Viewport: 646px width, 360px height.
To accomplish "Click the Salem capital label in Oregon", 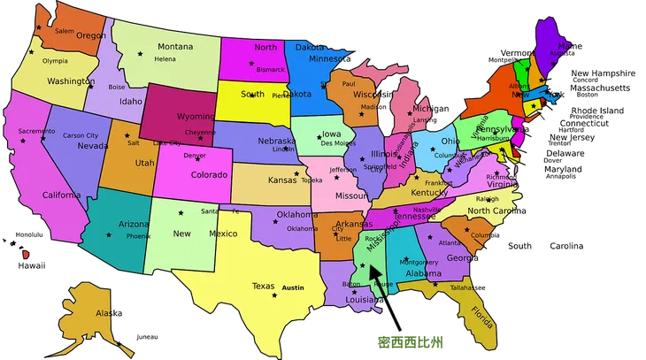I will (x=65, y=31).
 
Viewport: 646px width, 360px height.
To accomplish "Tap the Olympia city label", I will (x=55, y=61).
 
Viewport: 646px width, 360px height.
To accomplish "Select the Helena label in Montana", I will (x=165, y=59).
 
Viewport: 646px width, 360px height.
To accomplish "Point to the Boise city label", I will (x=117, y=87).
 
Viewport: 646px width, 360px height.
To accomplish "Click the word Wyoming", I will (x=196, y=116).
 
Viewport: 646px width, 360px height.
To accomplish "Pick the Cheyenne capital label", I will (x=200, y=132).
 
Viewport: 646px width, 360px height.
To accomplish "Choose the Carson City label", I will (x=81, y=135).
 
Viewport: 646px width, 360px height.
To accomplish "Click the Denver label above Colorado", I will (x=195, y=156).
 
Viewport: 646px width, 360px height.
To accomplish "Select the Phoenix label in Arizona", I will (x=138, y=237).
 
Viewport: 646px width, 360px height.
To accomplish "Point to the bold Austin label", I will (x=293, y=288).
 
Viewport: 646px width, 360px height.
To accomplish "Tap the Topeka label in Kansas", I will (x=311, y=180).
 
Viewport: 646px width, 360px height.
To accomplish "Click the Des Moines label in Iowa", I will (x=339, y=143).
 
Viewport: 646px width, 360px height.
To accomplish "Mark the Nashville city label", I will (x=427, y=210).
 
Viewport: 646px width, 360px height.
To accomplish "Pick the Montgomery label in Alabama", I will (x=419, y=262).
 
